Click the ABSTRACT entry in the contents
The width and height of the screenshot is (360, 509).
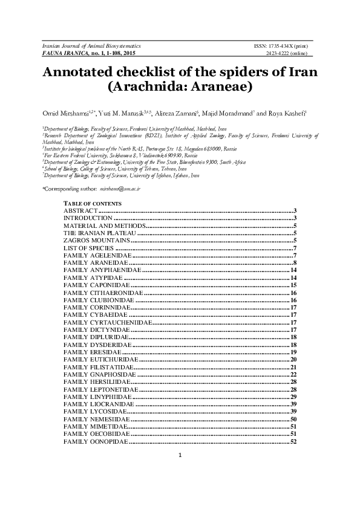coord(80,210)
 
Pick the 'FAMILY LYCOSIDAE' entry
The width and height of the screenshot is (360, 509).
coord(94,411)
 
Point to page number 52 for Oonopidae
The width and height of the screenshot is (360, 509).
coord(292,442)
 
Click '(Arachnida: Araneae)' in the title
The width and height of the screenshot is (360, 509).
coord(180,87)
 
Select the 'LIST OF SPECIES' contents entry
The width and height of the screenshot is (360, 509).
coord(89,248)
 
